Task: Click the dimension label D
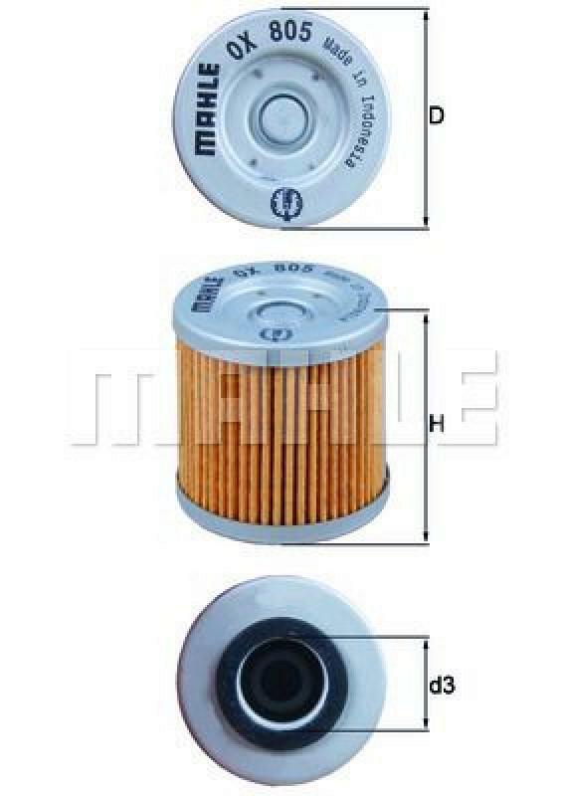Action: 436,115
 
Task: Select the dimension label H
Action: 436,426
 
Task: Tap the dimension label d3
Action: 443,686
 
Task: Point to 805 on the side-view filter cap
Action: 294,269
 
